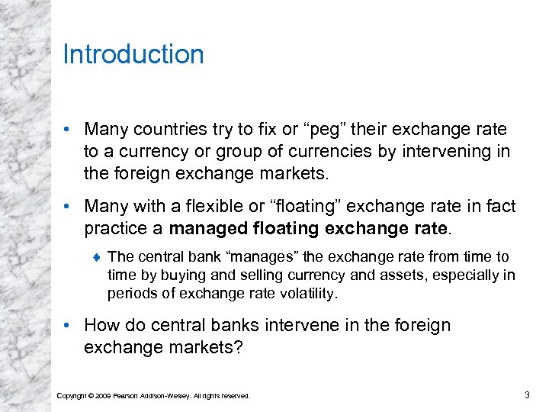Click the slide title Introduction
pos(133,55)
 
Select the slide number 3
pos(527,394)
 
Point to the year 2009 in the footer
pos(104,395)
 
